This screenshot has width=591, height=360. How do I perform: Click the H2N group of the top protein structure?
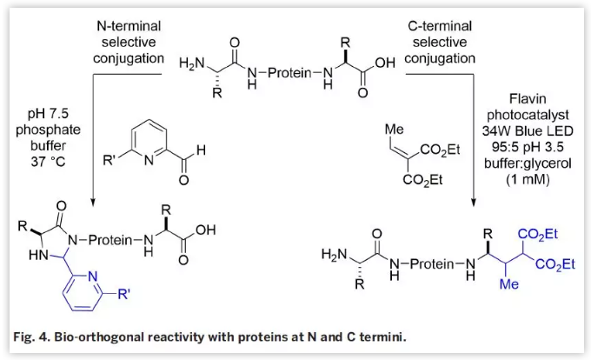[x=193, y=63]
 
